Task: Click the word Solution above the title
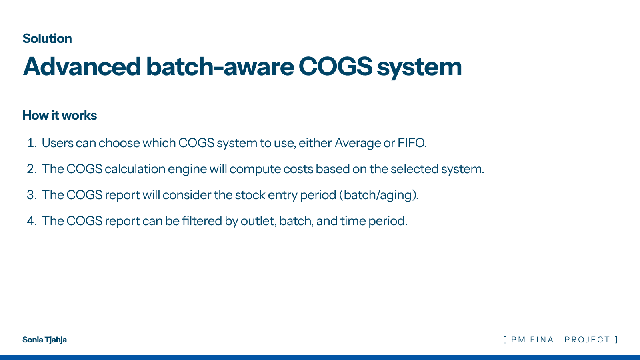47,38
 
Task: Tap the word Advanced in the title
82,66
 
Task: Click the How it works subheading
60,116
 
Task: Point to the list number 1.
32,143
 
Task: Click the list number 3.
32,195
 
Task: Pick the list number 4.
32,221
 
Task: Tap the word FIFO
412,143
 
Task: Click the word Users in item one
58,143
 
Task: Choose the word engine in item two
187,170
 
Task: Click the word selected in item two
414,169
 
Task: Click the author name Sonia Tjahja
44,340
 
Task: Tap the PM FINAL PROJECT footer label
560,340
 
